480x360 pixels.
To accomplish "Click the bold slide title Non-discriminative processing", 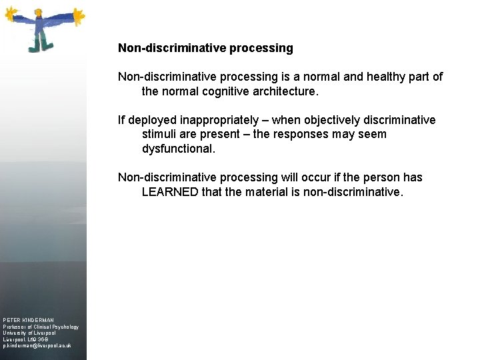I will tap(205, 48).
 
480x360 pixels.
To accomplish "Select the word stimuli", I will tap(160, 135).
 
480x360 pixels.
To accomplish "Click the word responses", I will tap(306, 135).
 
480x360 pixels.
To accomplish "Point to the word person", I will tap(379, 178).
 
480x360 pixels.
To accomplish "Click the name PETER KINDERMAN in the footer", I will tap(29, 320).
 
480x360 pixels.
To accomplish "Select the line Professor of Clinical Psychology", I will tap(41, 327).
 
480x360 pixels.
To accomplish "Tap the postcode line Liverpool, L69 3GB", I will tap(26, 340).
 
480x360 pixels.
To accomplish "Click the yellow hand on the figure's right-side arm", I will tap(79, 13).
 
